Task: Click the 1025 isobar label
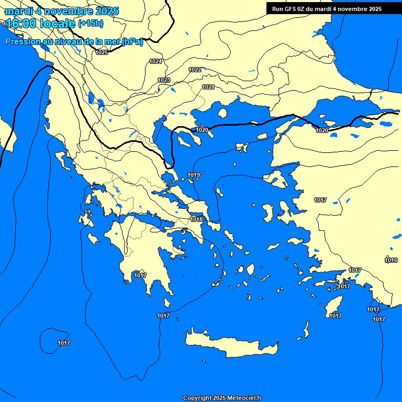click(102, 52)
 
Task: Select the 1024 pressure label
click(155, 61)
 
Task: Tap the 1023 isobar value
click(164, 80)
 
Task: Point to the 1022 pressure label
click(195, 70)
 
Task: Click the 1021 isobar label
click(208, 87)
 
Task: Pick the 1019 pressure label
click(194, 175)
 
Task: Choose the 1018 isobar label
click(196, 219)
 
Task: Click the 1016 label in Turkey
click(391, 260)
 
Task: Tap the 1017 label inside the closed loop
click(64, 343)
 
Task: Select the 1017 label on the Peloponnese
click(140, 275)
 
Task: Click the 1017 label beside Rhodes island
click(336, 316)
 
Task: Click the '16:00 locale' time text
click(40, 23)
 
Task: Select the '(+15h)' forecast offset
click(91, 23)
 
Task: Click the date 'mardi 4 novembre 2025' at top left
click(62, 10)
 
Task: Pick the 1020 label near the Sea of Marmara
click(322, 130)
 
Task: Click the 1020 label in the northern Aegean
click(202, 130)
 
